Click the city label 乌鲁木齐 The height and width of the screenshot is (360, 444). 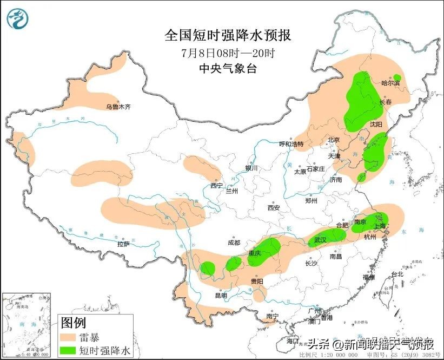[x=118, y=107]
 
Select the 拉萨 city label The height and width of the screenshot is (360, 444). [x=123, y=244]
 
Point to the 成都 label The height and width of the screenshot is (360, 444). [x=234, y=243]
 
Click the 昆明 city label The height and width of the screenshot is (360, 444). [x=221, y=296]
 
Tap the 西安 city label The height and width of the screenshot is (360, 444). [x=273, y=207]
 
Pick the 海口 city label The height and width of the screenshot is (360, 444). [x=293, y=342]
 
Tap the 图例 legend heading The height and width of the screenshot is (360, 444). [x=73, y=324]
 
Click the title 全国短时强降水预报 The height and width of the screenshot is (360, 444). [x=227, y=36]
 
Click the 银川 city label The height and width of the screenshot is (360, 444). [x=251, y=168]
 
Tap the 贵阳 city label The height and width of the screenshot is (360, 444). [x=256, y=282]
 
